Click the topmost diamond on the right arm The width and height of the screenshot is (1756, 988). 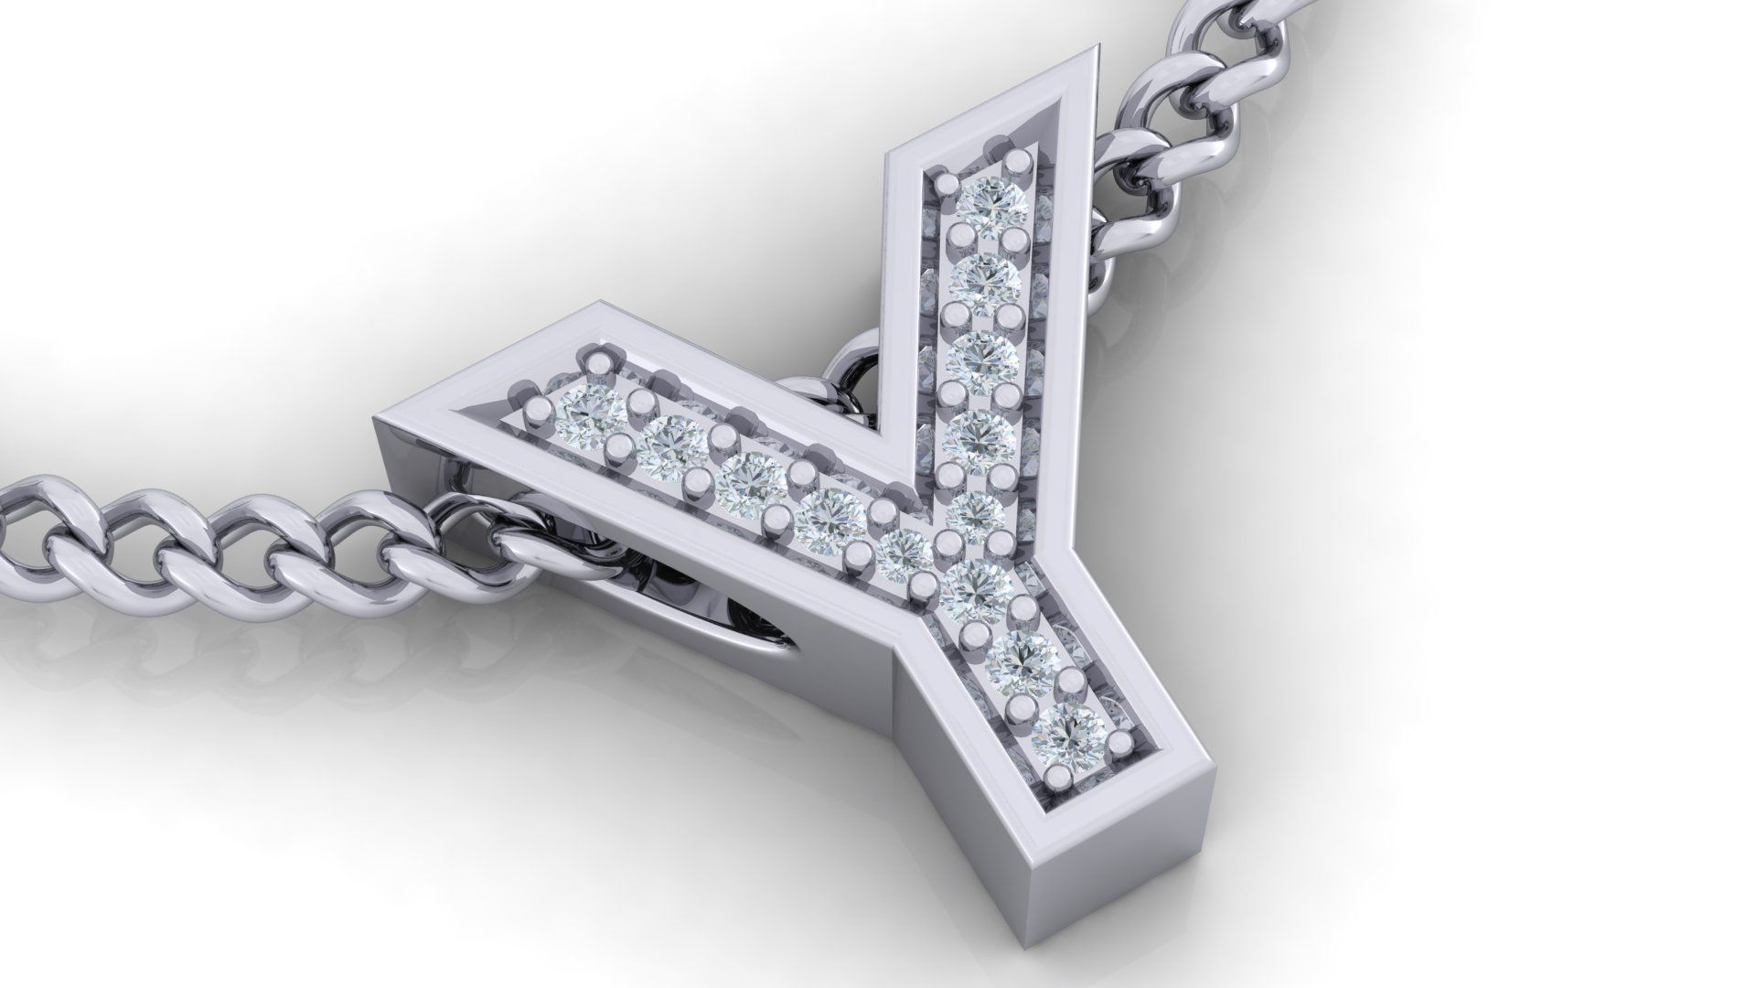tap(994, 205)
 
